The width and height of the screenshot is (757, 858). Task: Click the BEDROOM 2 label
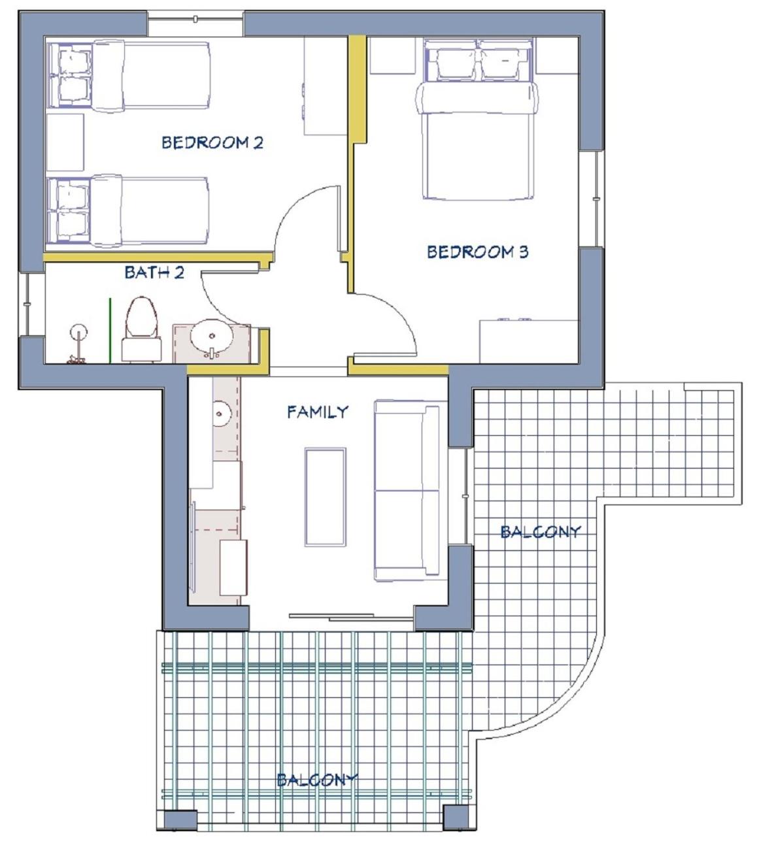pos(212,142)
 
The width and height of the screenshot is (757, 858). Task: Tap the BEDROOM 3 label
pos(477,252)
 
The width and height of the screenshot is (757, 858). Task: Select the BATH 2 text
pos(154,272)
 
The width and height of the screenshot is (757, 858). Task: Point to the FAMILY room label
pos(318,412)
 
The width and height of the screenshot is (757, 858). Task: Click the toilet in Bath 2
pos(141,329)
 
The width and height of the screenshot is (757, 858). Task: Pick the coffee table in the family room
pos(326,497)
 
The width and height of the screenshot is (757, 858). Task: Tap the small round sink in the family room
pos(220,413)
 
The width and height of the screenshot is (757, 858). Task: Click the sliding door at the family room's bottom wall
pos(352,617)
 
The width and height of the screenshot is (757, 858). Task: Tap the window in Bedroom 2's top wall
pos(195,19)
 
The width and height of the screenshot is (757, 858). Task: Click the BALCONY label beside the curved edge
pos(540,531)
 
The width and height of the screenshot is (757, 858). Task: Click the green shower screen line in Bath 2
pos(110,330)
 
